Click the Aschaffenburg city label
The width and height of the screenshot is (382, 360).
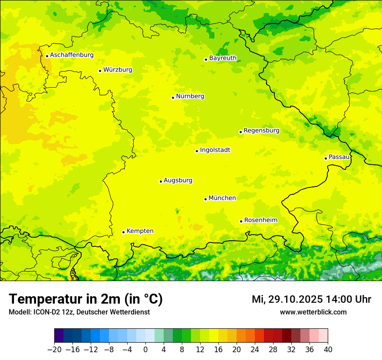(72, 55)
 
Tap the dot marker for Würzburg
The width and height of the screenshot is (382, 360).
(100, 71)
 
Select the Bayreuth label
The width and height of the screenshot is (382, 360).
(223, 58)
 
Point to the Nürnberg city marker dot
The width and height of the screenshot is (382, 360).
(173, 98)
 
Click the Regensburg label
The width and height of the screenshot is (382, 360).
(261, 131)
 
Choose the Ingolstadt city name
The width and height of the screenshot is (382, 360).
(215, 150)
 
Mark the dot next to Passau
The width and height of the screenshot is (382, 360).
(326, 158)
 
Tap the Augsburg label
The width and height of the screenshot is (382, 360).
(178, 180)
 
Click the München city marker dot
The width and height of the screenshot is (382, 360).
(205, 199)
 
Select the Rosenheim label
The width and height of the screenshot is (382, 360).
(260, 220)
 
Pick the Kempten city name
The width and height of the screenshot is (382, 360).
(140, 231)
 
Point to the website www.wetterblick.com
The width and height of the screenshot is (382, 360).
(313, 312)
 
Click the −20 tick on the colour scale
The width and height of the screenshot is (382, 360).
(54, 350)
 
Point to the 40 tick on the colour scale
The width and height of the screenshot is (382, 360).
(328, 350)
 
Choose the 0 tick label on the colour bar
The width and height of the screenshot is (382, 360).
(145, 350)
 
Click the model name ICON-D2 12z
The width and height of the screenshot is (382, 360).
(52, 312)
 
